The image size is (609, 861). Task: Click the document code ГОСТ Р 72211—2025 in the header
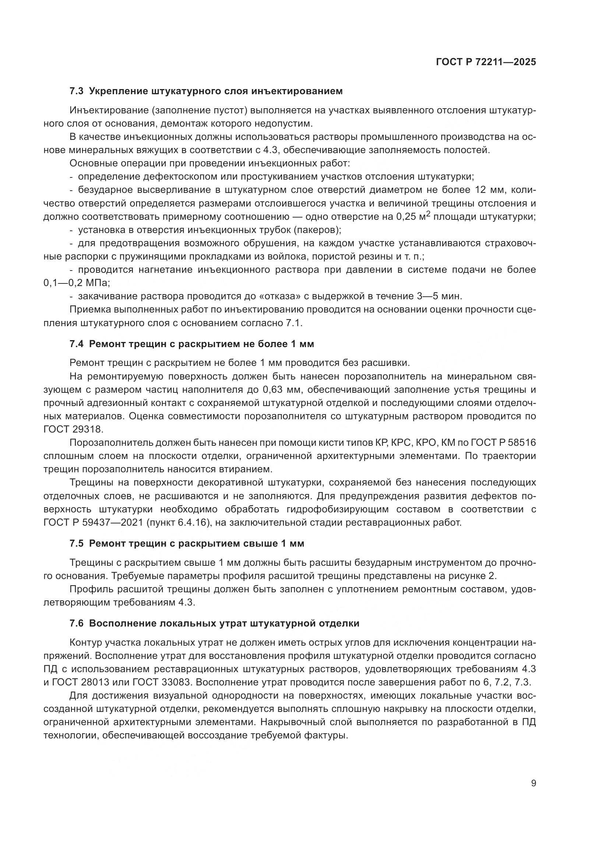[x=486, y=62]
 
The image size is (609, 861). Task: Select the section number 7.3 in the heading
[x=77, y=91]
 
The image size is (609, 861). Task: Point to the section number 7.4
[x=77, y=344]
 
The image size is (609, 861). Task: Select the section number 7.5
[x=77, y=543]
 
